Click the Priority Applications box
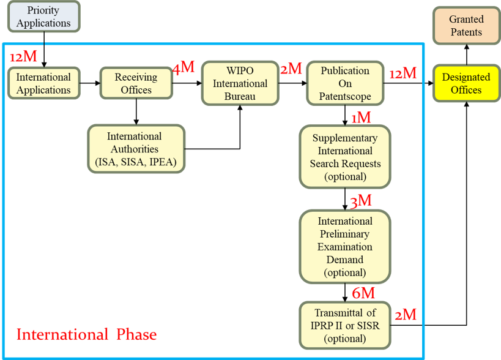tap(43, 17)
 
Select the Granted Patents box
tap(466, 26)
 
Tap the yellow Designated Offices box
tap(466, 84)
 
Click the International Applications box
tap(43, 84)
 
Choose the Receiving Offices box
tap(136, 84)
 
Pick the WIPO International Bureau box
tap(240, 84)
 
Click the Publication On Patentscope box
tap(345, 84)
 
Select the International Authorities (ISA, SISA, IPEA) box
tap(136, 149)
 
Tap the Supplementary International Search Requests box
tap(345, 157)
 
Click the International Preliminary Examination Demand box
tap(345, 247)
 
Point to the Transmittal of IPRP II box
tap(345, 325)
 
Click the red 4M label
tap(184, 67)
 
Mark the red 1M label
tap(361, 117)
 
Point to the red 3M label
tap(361, 201)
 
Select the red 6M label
tap(363, 293)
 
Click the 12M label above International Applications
tap(24, 57)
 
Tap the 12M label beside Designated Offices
tap(403, 74)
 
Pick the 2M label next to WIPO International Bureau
tap(291, 69)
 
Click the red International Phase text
tap(86, 335)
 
